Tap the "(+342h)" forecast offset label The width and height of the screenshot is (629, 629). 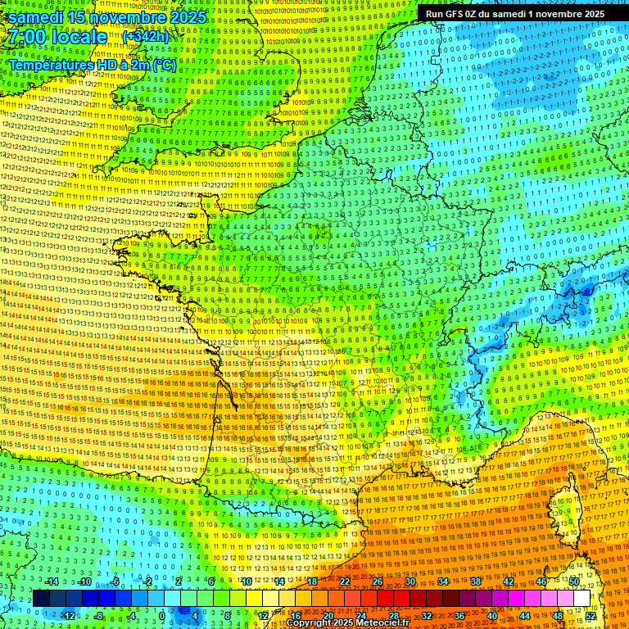coord(145,36)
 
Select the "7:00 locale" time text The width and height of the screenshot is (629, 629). coord(57,37)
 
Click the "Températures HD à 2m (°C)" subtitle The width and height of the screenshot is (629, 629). coord(92,64)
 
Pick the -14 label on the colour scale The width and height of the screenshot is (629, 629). coord(51,581)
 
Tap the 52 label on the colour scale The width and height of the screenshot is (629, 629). coord(591,616)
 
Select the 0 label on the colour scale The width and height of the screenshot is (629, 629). coord(162,616)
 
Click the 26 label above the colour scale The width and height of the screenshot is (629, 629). coord(378,581)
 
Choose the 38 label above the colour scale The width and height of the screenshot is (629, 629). coord(476,581)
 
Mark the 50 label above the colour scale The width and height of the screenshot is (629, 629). coord(574,581)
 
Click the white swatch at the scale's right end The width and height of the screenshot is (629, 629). coord(581,599)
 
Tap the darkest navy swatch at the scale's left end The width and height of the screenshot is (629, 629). coord(42,599)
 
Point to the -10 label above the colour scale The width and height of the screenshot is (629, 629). coord(84,581)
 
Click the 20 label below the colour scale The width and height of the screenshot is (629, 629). coord(328,616)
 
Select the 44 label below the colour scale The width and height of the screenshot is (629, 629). coord(525,616)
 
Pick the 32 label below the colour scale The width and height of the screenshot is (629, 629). coord(427,616)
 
